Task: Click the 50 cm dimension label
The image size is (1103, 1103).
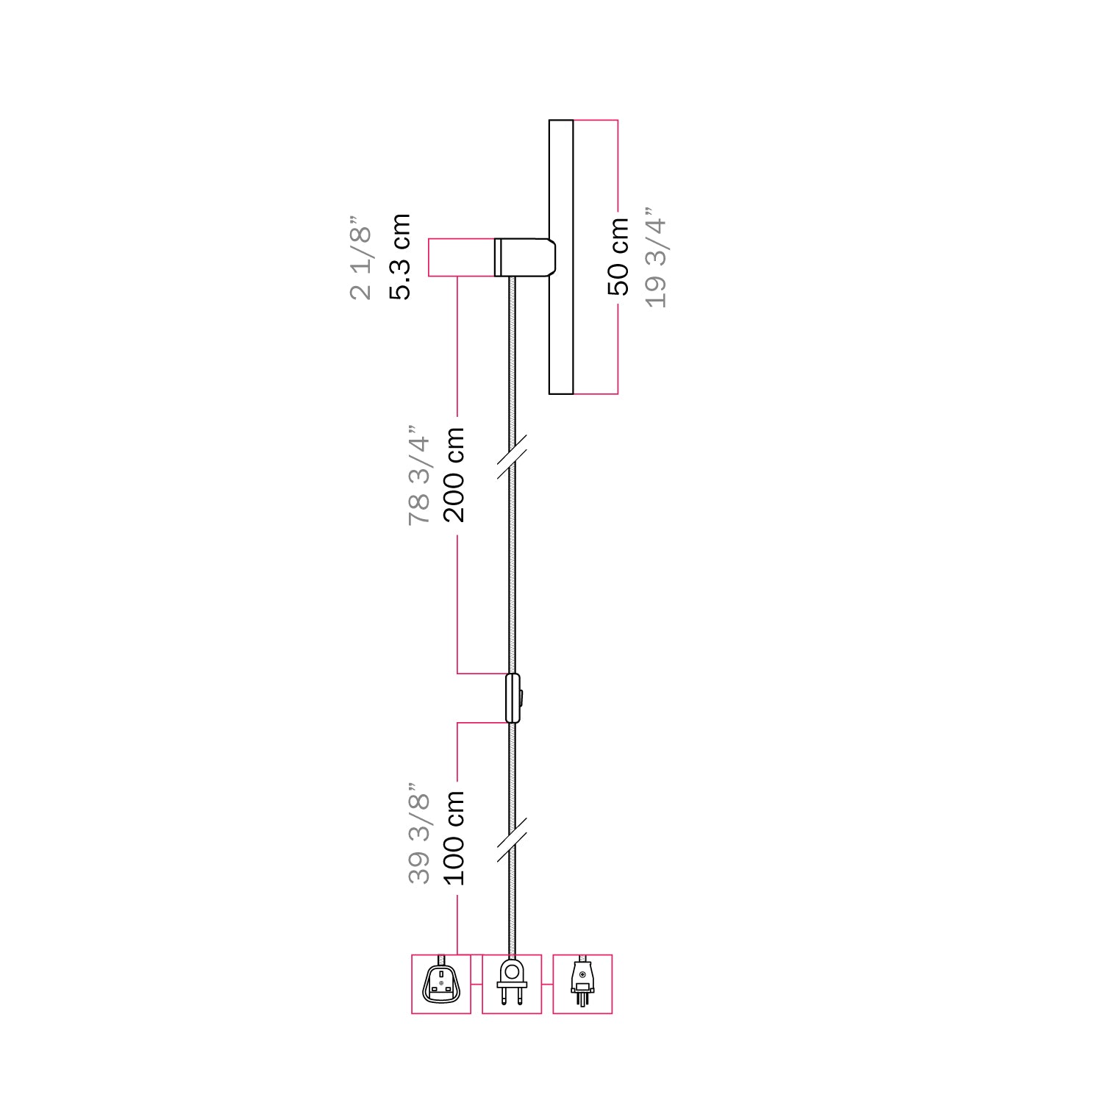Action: (x=618, y=257)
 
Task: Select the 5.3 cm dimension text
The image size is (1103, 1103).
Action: (x=400, y=257)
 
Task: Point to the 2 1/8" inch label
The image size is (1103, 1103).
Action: (x=361, y=258)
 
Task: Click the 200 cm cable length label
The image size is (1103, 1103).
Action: (x=454, y=475)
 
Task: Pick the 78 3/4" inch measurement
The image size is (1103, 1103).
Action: (x=418, y=475)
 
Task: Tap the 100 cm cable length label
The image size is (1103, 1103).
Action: (x=454, y=838)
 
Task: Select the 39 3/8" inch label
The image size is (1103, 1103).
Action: (x=418, y=833)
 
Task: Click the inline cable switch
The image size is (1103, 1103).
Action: (x=512, y=698)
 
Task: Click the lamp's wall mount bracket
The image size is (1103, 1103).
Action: (x=525, y=257)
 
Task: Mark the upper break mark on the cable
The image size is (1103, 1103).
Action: (x=512, y=457)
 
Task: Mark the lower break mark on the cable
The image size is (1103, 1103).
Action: (x=512, y=838)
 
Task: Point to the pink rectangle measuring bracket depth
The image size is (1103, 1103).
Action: (x=461, y=257)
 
